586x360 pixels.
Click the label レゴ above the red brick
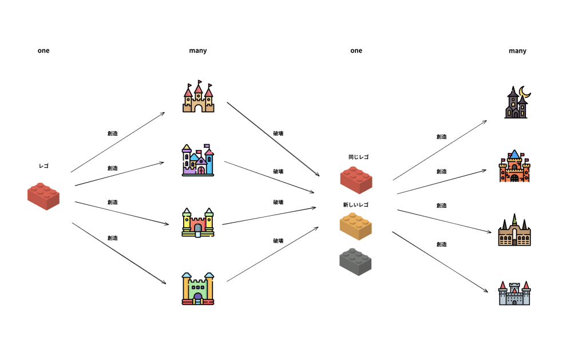tap(43, 166)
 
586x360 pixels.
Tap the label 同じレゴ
tap(358, 157)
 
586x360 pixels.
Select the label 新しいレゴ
tap(356, 204)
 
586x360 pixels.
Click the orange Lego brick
tap(355, 226)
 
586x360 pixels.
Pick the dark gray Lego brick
tap(355, 262)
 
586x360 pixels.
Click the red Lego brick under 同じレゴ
tap(356, 180)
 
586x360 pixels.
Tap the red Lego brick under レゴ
tap(43, 196)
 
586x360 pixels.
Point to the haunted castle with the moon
tap(516, 103)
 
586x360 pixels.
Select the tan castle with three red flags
tap(198, 97)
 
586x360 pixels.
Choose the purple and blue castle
tap(197, 160)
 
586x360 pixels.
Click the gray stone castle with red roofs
tap(514, 293)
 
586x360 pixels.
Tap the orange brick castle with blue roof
tap(514, 166)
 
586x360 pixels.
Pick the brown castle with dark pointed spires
tap(514, 230)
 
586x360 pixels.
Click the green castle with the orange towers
tap(198, 288)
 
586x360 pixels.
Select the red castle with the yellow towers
tap(197, 223)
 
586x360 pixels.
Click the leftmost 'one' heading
tap(43, 50)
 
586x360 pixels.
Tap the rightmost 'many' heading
tap(517, 51)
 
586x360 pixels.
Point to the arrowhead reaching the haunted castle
tap(485, 122)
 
